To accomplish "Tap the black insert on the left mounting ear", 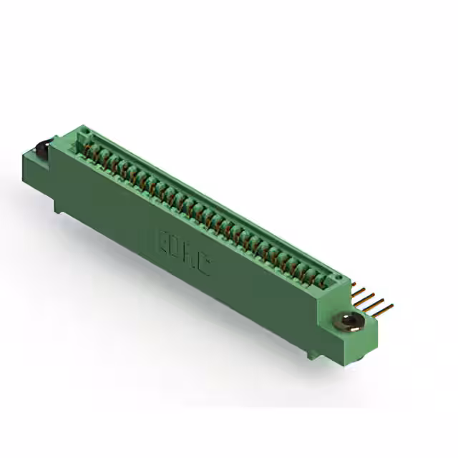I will click(x=42, y=149).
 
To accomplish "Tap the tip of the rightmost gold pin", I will click(x=391, y=308).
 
